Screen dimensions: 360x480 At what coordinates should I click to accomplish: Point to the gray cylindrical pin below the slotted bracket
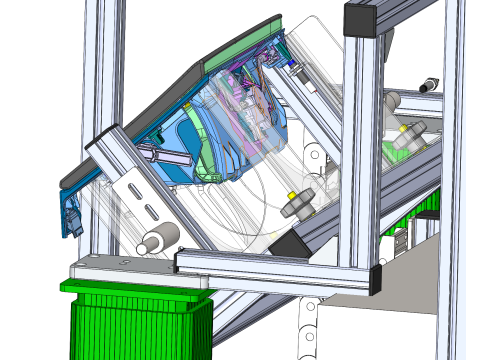pyautogui.click(x=157, y=239)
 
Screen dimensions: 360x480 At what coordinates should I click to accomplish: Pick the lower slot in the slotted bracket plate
pyautogui.click(x=150, y=211)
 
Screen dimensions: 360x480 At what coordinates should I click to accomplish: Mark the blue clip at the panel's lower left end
pyautogui.click(x=72, y=215)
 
